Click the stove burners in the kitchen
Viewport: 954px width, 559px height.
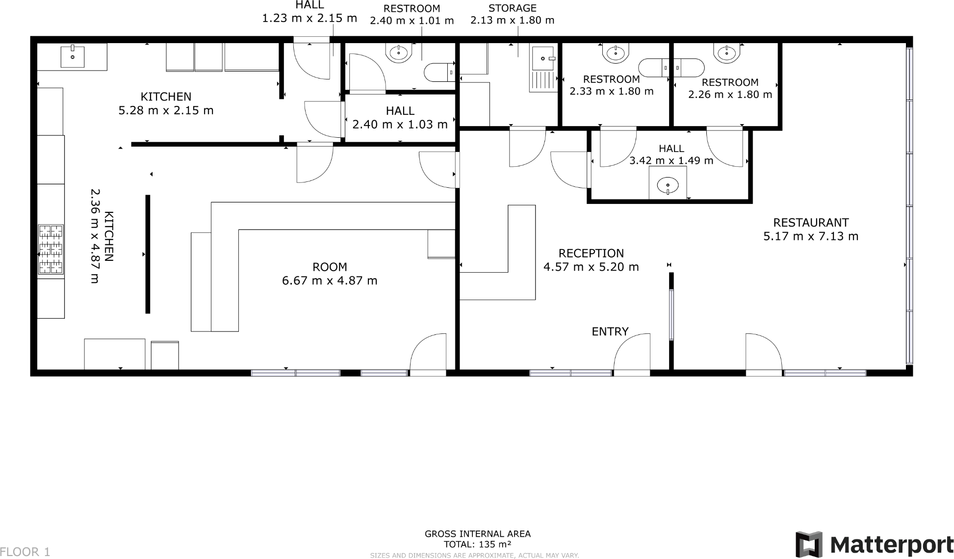point(51,249)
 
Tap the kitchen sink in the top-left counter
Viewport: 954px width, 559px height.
point(73,56)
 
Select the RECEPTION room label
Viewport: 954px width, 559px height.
point(591,254)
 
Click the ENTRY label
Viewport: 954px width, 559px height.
point(610,332)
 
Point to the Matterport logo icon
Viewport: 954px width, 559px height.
point(808,544)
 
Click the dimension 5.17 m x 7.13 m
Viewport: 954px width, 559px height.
point(810,236)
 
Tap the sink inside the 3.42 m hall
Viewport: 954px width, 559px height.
point(668,186)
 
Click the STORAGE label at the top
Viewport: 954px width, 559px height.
point(512,8)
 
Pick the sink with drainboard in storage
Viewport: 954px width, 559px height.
point(543,68)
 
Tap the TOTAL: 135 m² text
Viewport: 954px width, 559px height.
point(477,544)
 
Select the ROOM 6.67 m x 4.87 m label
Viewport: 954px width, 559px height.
point(330,274)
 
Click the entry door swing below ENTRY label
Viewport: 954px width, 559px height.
point(633,353)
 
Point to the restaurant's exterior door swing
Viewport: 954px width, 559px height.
point(763,353)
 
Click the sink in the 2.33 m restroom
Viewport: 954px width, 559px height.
point(615,52)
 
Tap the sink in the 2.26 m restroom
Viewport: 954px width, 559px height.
point(726,53)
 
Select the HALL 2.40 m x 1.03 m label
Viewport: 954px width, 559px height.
point(400,118)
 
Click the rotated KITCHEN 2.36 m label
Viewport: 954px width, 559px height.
point(102,236)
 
